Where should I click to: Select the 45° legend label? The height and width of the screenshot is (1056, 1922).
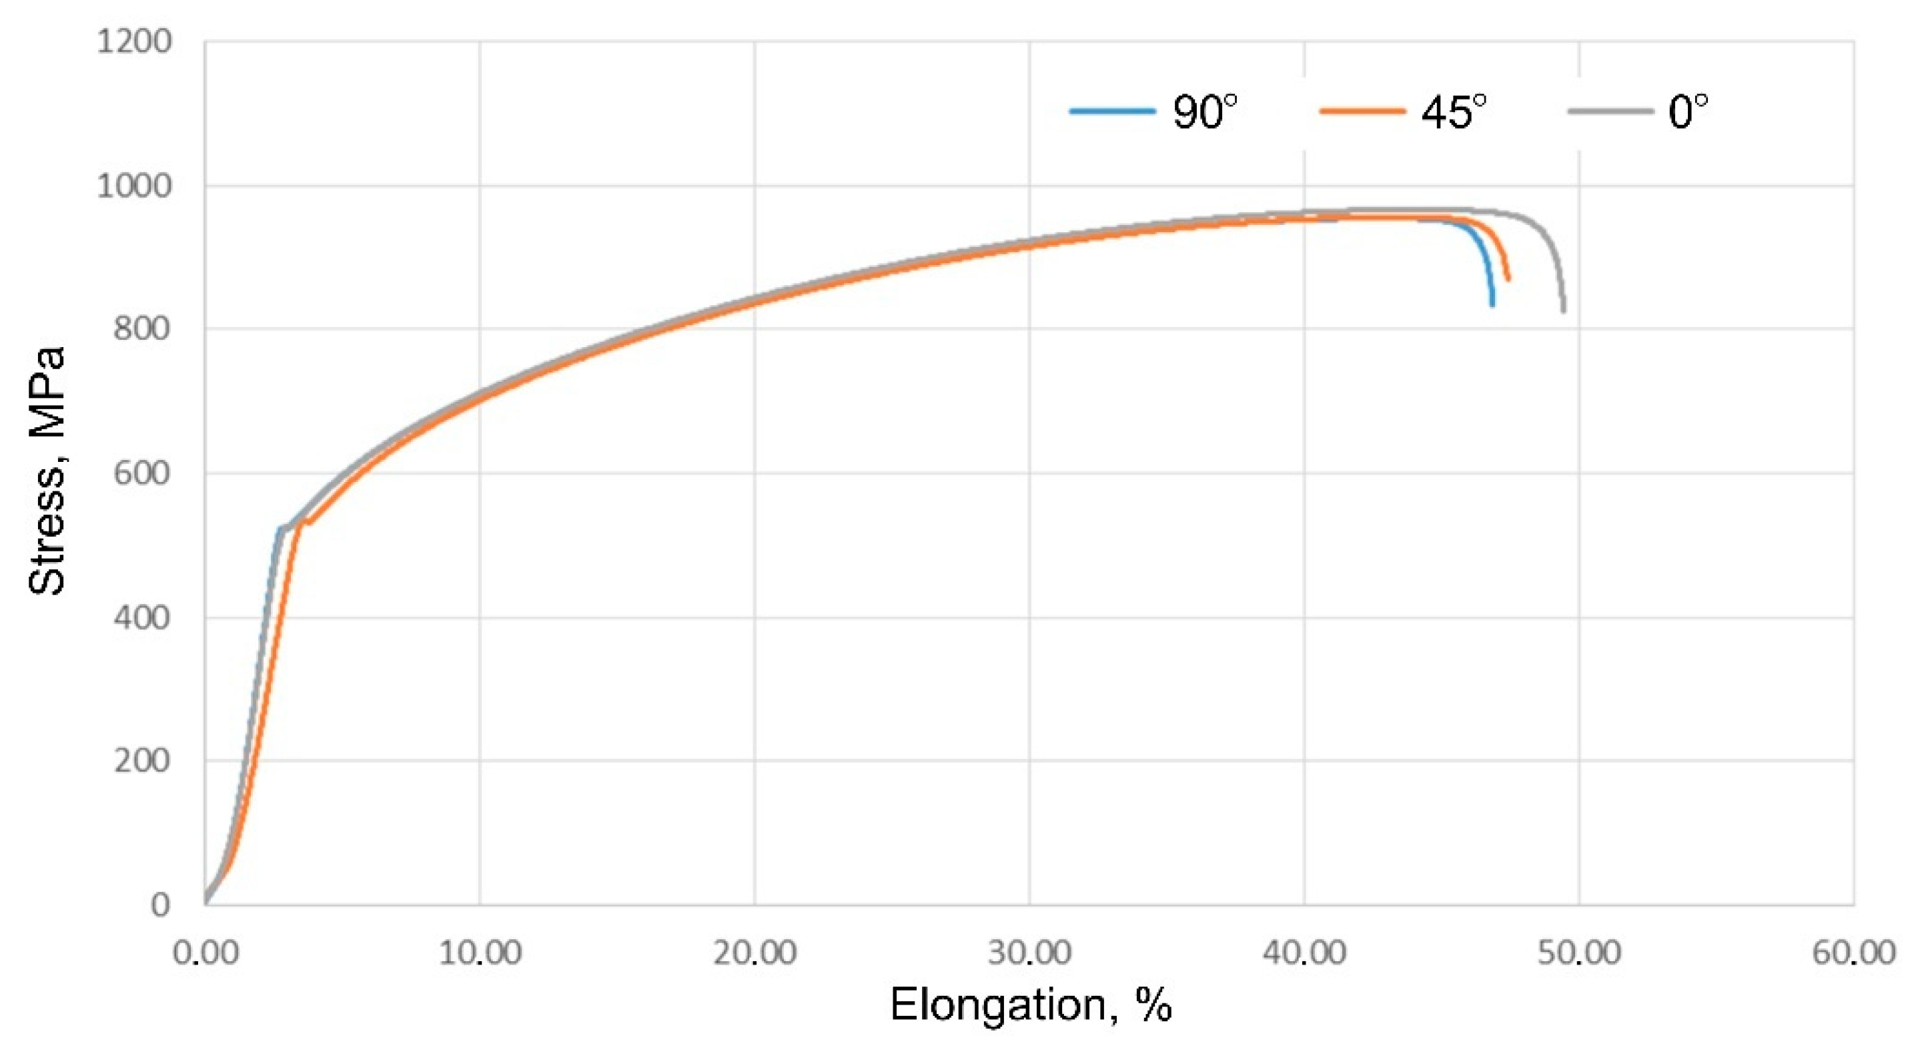tap(1454, 113)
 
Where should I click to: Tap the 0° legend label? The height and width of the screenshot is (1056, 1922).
tap(1688, 113)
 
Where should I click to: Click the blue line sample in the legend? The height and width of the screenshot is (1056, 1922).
tap(1111, 112)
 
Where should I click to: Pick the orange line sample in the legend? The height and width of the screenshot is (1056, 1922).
tap(1362, 112)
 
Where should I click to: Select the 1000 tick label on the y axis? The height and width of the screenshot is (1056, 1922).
tap(134, 185)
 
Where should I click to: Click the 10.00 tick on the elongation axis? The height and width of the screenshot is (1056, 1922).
tap(479, 953)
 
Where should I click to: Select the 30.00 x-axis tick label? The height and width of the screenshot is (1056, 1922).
tap(1029, 953)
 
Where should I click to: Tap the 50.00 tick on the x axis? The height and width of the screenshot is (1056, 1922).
tap(1579, 953)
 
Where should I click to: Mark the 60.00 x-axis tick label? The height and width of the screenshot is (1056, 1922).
tap(1853, 953)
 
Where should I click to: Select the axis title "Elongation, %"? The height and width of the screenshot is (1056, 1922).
tap(1031, 1005)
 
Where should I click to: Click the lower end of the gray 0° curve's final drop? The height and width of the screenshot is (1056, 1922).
tap(1562, 310)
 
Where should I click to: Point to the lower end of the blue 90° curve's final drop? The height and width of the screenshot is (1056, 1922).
tap(1492, 304)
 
